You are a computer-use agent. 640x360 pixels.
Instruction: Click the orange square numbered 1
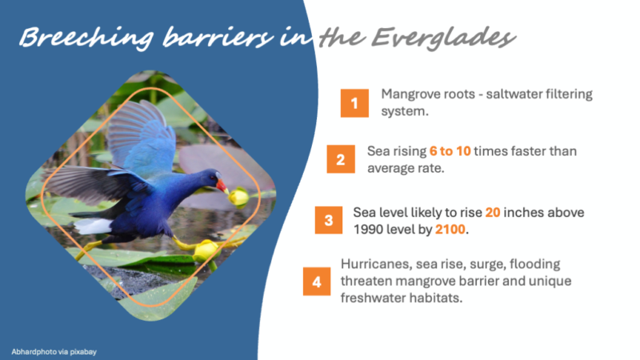[x=354, y=103]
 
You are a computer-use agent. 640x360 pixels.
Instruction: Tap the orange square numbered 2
[x=341, y=159]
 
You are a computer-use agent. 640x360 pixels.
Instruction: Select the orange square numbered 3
[x=329, y=221]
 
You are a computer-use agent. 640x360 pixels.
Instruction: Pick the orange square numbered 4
[x=317, y=282]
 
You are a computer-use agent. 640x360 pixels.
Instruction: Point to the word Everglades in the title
[x=444, y=38]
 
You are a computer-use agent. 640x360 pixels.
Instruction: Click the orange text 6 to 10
[x=450, y=151]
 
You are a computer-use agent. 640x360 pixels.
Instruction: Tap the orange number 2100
[x=450, y=230]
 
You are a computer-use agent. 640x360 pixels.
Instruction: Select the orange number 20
[x=493, y=212]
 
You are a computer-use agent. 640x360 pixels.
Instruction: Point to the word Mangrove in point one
[x=408, y=94]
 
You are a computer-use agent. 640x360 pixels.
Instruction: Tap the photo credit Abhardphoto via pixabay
[x=54, y=351]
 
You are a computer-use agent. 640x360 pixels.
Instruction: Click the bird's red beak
[x=222, y=186]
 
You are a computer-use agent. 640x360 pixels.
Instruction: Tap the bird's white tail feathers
[x=93, y=226]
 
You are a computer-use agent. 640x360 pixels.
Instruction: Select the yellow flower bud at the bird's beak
[x=238, y=197]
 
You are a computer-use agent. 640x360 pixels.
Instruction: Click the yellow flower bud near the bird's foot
[x=206, y=251]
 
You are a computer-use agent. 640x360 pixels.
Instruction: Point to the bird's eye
[x=213, y=178]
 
